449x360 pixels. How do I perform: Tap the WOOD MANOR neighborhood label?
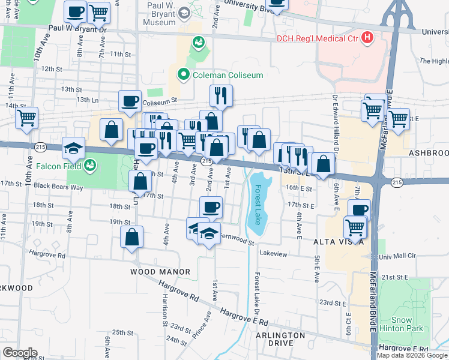160,272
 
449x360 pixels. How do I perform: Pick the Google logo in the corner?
20,352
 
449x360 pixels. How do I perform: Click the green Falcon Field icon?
90,165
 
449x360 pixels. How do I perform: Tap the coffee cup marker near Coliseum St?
130,101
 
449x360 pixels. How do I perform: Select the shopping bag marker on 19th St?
131,236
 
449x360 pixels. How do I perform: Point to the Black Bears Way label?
58,186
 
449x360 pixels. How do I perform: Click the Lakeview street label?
273,254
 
